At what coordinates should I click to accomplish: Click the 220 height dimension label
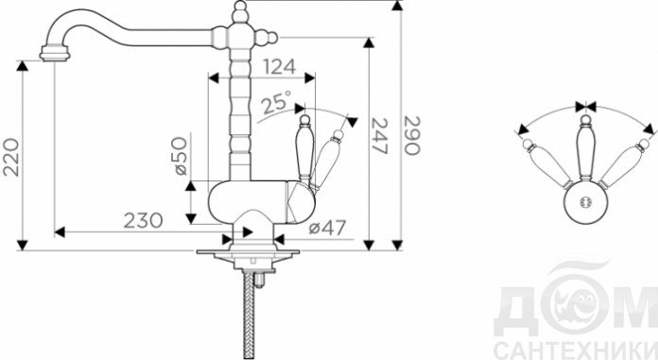[11, 158]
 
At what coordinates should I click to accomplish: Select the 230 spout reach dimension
[143, 220]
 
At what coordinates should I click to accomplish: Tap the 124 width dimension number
[279, 67]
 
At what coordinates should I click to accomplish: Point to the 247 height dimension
[380, 136]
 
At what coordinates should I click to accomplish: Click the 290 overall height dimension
[411, 135]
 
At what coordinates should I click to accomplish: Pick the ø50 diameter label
[181, 156]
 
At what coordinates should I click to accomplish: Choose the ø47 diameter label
[327, 228]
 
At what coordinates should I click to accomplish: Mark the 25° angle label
[276, 102]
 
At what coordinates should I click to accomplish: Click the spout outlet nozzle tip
[55, 54]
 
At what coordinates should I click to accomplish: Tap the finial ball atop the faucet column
[240, 8]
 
